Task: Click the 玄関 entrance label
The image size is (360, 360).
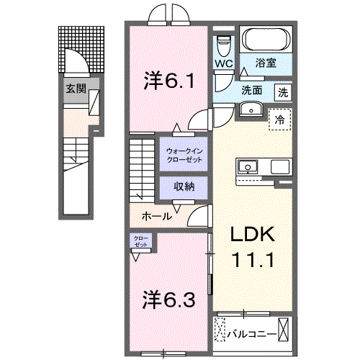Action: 76,89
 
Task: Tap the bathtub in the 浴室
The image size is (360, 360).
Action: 266,40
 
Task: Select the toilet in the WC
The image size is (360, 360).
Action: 223,45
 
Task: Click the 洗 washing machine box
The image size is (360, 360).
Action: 283,92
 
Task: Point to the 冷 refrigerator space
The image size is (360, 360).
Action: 280,120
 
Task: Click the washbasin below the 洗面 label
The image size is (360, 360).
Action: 251,109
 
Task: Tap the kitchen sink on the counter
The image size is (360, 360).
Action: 248,167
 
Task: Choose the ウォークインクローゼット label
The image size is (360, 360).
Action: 184,156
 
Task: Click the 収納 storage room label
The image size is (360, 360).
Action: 184,186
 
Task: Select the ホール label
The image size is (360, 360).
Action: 157,216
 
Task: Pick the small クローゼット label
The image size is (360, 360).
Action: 141,242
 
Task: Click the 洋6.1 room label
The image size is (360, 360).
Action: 169,81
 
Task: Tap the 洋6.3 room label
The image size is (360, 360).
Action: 168,299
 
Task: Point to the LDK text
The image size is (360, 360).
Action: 253,234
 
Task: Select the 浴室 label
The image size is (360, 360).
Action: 266,63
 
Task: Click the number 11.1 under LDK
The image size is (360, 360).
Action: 253,261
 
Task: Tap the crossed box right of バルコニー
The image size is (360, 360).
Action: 283,329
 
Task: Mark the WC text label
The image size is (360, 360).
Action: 223,64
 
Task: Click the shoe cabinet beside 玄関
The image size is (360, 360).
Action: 94,102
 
